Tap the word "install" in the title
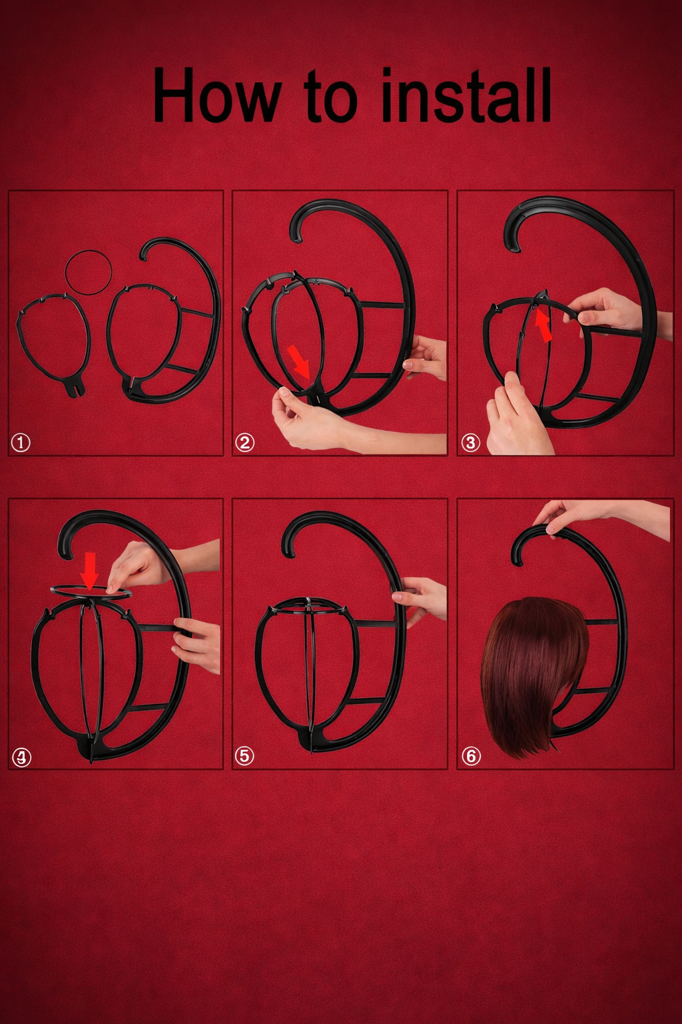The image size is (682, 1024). [x=466, y=95]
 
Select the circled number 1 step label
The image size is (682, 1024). [x=21, y=442]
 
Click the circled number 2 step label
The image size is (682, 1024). [x=244, y=442]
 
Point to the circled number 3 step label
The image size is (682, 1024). [x=470, y=442]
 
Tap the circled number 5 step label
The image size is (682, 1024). [x=244, y=755]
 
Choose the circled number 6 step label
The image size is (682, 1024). [x=471, y=756]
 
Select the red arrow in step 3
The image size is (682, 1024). [x=543, y=326]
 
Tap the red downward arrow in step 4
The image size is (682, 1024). [x=89, y=569]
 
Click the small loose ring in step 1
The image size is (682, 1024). [x=88, y=273]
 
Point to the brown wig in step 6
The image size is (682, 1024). [x=533, y=673]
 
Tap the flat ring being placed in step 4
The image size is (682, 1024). [x=90, y=591]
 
